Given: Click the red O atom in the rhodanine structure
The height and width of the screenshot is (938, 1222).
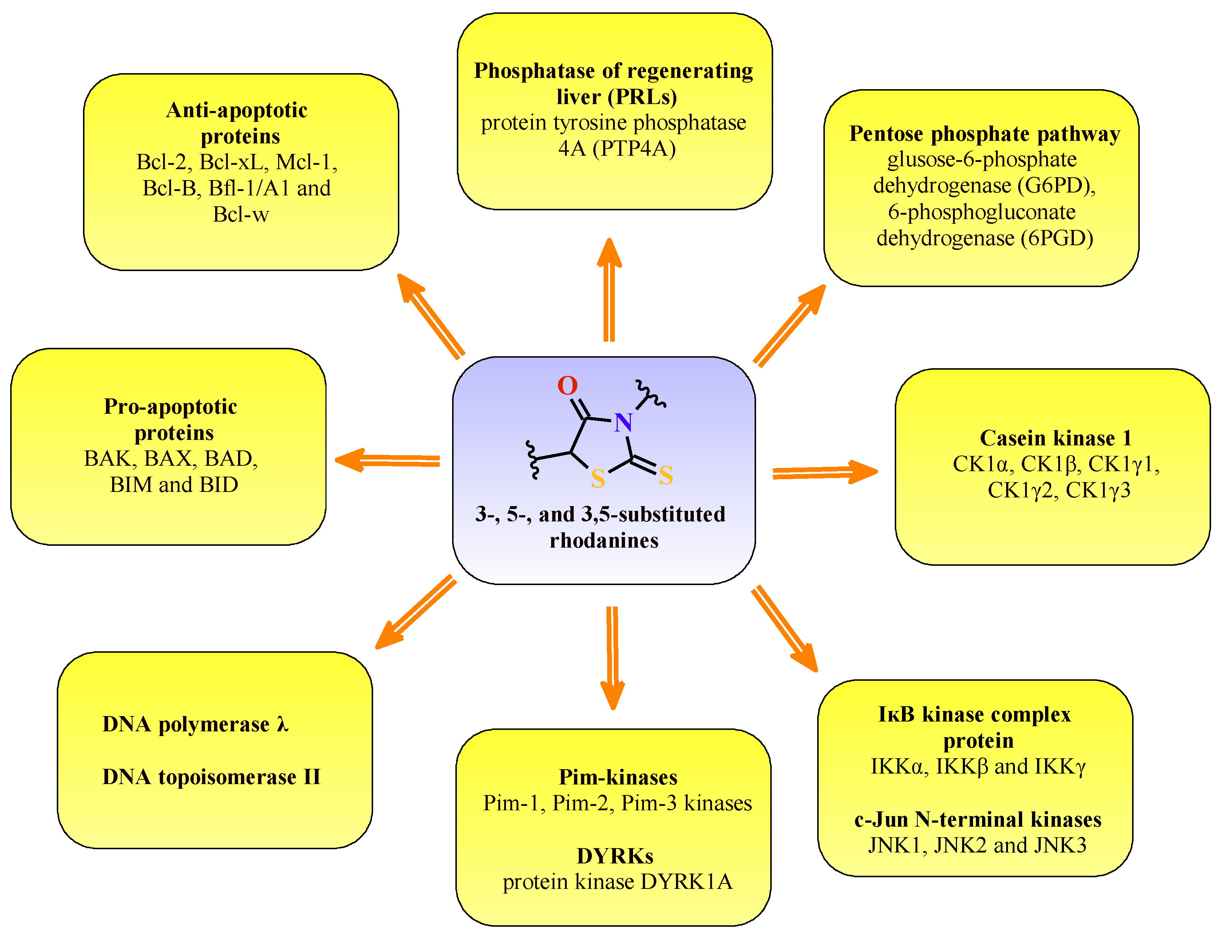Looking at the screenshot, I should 568,385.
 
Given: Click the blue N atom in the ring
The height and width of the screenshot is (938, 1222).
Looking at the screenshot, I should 623,423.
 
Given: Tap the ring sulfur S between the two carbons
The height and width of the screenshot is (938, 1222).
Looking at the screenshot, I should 598,478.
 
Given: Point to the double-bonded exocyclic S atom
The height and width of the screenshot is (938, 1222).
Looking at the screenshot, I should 666,475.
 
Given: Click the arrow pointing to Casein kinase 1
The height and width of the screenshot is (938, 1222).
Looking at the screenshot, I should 825,472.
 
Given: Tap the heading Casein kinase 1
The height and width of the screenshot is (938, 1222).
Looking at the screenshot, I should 1056,438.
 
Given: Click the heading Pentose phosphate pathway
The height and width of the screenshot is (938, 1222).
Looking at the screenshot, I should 984,134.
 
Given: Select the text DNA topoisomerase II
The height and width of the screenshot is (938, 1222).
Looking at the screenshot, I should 211,777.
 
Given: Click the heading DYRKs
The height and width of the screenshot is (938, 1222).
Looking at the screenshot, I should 614,856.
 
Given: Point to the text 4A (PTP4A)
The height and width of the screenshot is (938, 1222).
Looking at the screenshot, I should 617,148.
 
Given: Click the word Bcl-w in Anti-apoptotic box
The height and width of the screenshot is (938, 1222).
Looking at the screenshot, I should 241,214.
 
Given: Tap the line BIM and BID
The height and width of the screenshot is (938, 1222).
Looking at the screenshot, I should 174,485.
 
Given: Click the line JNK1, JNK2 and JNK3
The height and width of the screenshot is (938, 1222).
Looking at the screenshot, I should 977,845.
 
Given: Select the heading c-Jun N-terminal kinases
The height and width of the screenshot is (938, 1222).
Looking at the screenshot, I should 977,819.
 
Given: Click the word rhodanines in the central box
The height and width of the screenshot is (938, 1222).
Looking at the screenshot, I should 604,540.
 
